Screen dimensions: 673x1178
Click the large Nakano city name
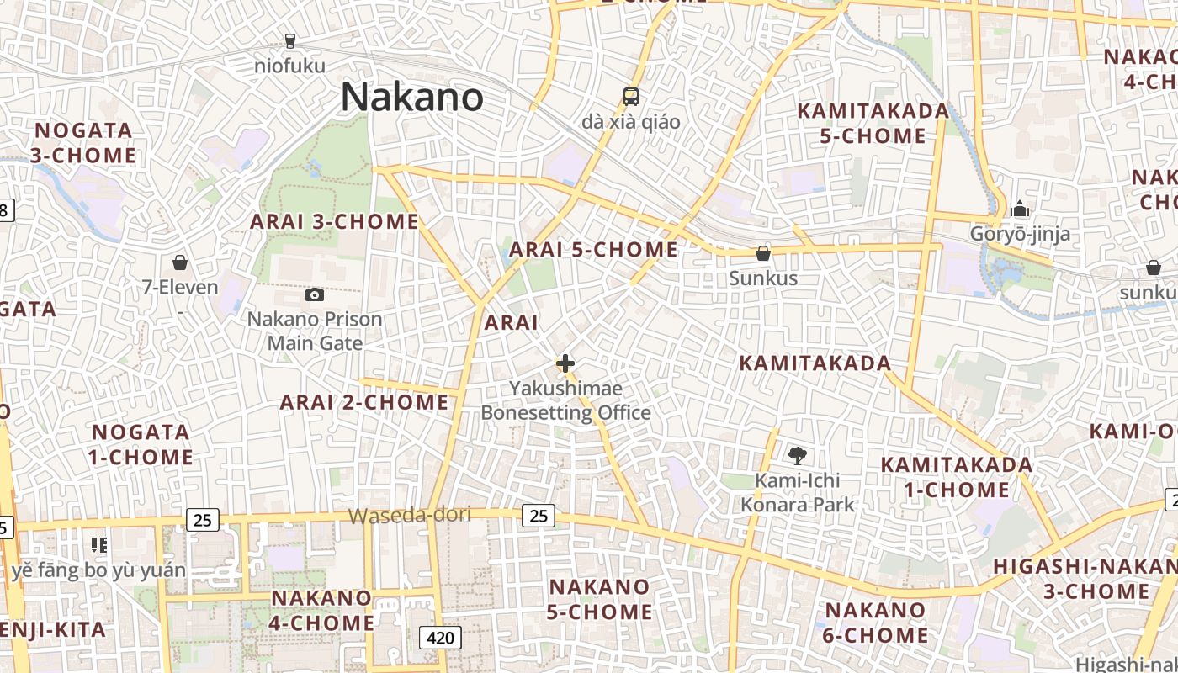(x=411, y=98)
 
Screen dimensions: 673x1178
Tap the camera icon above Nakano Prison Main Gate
(x=315, y=294)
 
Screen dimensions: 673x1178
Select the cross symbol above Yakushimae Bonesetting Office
(x=565, y=363)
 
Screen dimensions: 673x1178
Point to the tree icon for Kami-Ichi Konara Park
(x=797, y=456)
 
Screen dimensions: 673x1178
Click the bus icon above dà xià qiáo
(x=631, y=97)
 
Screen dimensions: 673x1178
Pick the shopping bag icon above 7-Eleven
(x=179, y=262)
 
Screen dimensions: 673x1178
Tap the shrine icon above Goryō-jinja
(x=1020, y=208)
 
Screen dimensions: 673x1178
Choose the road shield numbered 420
(x=440, y=638)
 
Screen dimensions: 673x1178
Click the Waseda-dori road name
(x=410, y=515)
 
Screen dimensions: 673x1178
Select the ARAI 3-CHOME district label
(x=334, y=222)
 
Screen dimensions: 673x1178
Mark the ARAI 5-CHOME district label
(x=593, y=250)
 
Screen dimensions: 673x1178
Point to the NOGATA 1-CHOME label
(x=142, y=445)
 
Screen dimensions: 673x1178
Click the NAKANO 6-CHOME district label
(x=875, y=623)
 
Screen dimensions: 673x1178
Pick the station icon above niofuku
(x=290, y=40)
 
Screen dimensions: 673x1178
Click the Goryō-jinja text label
(x=1020, y=234)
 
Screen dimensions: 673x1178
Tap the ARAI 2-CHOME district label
(x=364, y=403)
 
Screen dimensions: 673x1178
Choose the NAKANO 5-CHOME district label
(x=599, y=599)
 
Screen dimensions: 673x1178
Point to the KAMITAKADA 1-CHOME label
(x=956, y=477)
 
